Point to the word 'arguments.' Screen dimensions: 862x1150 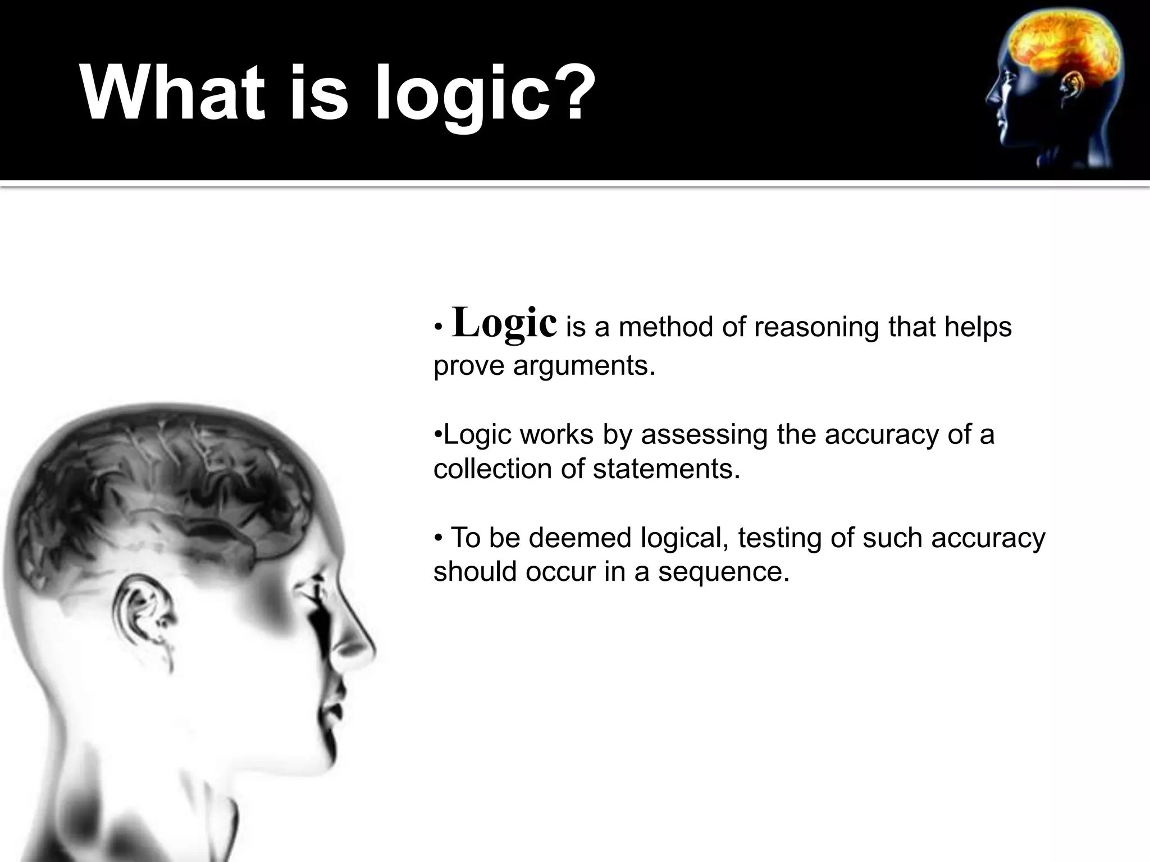click(x=585, y=366)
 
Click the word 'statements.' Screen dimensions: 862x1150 click(x=667, y=469)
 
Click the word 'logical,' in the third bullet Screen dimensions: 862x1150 click(x=684, y=539)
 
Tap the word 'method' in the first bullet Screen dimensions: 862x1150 click(x=666, y=328)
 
